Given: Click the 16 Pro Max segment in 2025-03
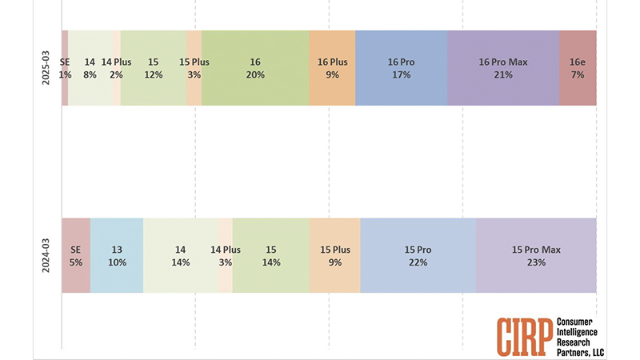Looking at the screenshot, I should pyautogui.click(x=503, y=68).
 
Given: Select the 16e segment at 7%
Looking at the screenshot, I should pyautogui.click(x=578, y=68).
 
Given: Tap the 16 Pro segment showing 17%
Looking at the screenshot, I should pyautogui.click(x=402, y=68).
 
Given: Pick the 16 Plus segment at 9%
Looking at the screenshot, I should pyautogui.click(x=332, y=68).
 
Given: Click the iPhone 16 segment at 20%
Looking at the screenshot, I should pyautogui.click(x=255, y=68).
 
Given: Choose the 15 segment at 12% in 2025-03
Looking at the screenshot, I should pyautogui.click(x=154, y=68).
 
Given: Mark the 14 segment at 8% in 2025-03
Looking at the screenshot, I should pyautogui.click(x=90, y=68).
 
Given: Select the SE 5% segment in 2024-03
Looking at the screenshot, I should pyautogui.click(x=76, y=255).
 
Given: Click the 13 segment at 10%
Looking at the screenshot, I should pyautogui.click(x=117, y=255).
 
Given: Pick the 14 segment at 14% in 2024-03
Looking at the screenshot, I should pyautogui.click(x=180, y=255).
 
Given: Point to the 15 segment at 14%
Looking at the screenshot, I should pyautogui.click(x=270, y=255).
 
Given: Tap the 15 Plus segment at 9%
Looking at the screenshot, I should pyautogui.click(x=334, y=255).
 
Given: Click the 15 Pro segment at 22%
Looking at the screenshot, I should pyautogui.click(x=418, y=255).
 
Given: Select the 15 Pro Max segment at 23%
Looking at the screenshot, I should pyautogui.click(x=536, y=255).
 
